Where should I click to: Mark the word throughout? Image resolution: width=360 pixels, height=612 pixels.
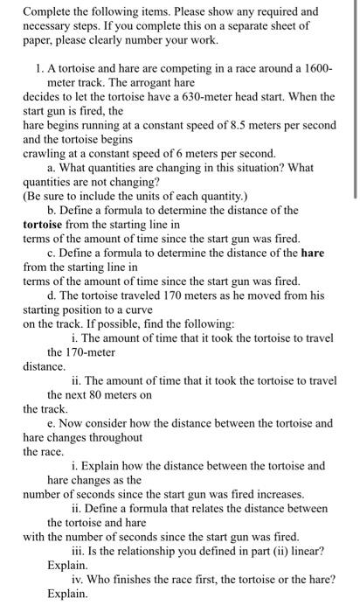click(114, 437)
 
